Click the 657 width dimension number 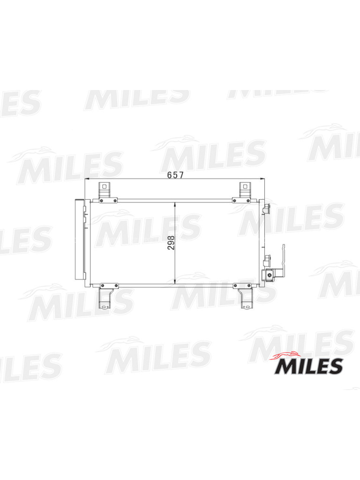click(175, 175)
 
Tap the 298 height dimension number click(171, 242)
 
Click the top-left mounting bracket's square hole click(104, 186)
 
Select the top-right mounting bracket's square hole click(245, 186)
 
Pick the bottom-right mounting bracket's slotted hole click(246, 307)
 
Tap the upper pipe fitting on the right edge click(267, 208)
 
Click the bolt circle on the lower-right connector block click(269, 275)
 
